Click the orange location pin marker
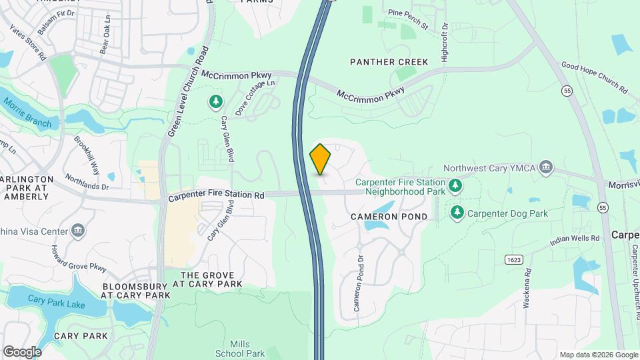click(321, 159)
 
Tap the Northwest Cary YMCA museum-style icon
click(547, 167)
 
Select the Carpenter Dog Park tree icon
click(457, 213)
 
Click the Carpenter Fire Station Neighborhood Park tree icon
click(455, 185)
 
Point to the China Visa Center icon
click(79, 231)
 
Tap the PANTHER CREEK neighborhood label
click(389, 62)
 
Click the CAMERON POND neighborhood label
click(390, 217)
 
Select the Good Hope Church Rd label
click(595, 77)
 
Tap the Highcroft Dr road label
click(445, 43)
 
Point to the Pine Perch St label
click(407, 19)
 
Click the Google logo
click(22, 351)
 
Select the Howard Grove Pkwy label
click(79, 259)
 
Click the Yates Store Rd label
click(28, 43)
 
